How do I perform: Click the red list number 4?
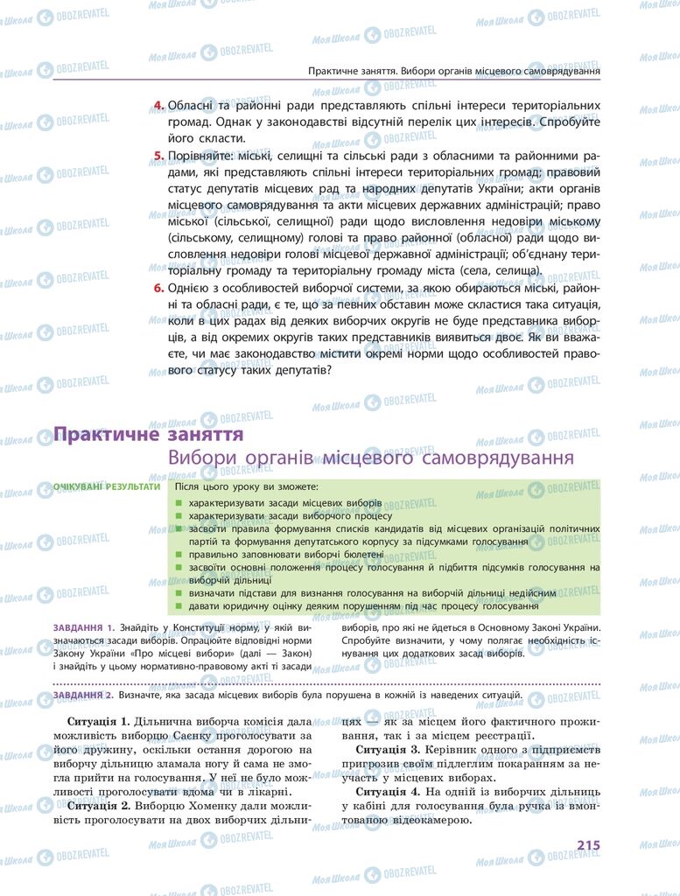coord(158,106)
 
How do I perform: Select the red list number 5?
coord(158,156)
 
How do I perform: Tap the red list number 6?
coord(158,287)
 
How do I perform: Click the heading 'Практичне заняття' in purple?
coord(148,434)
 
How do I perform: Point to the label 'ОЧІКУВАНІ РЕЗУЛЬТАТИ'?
coord(107,486)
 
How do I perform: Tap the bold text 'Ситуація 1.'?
coord(98,723)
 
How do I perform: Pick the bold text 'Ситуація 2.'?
coord(98,806)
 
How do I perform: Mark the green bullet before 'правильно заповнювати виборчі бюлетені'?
coord(178,554)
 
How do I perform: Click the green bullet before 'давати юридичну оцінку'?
coord(178,606)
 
